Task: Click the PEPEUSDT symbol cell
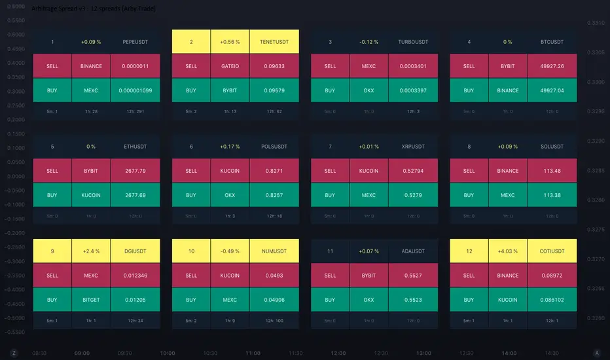(x=135, y=42)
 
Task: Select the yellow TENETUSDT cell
(x=274, y=42)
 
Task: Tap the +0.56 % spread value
(x=230, y=42)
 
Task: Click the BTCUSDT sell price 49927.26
(x=552, y=66)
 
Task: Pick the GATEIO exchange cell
(x=230, y=66)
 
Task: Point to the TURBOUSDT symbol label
(x=413, y=42)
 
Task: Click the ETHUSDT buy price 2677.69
(x=135, y=195)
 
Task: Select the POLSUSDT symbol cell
(x=274, y=147)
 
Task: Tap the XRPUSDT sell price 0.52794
(x=413, y=171)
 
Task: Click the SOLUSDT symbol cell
(x=552, y=147)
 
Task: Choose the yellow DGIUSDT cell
(x=135, y=251)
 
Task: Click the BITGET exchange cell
(x=91, y=300)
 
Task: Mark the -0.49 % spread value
(x=230, y=251)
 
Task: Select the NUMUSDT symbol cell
(x=274, y=251)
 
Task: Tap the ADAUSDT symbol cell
(x=413, y=251)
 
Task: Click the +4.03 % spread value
(x=508, y=251)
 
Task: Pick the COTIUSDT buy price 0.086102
(x=552, y=300)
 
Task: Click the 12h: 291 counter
(x=135, y=111)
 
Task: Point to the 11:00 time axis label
(x=253, y=353)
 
